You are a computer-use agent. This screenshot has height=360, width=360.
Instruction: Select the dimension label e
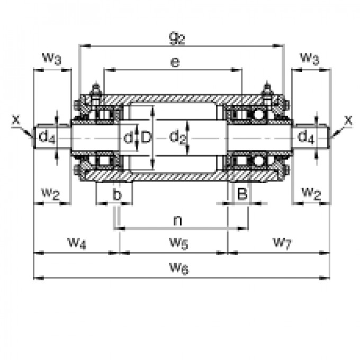(x=175, y=62)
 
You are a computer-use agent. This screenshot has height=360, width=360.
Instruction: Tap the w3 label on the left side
(x=51, y=58)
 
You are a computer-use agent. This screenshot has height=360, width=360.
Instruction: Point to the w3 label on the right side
(x=309, y=58)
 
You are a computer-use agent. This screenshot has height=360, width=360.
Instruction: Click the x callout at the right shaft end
(x=348, y=120)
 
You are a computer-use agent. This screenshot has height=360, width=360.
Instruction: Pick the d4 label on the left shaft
(x=47, y=138)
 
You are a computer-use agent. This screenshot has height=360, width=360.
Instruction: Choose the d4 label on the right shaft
(x=305, y=138)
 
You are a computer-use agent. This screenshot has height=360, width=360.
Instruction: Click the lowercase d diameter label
(x=127, y=138)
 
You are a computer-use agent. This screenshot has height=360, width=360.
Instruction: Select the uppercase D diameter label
(x=145, y=138)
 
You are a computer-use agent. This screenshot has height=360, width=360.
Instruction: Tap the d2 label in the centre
(x=178, y=138)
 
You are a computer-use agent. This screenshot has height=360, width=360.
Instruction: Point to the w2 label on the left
(x=50, y=193)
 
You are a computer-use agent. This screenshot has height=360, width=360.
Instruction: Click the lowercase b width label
(x=117, y=195)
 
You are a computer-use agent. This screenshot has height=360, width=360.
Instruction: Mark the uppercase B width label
(x=242, y=194)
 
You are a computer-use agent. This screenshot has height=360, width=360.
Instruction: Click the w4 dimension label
(x=77, y=243)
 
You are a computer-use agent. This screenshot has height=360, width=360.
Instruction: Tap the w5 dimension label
(x=178, y=243)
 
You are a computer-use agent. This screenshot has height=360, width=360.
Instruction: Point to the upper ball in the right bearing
(x=258, y=114)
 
